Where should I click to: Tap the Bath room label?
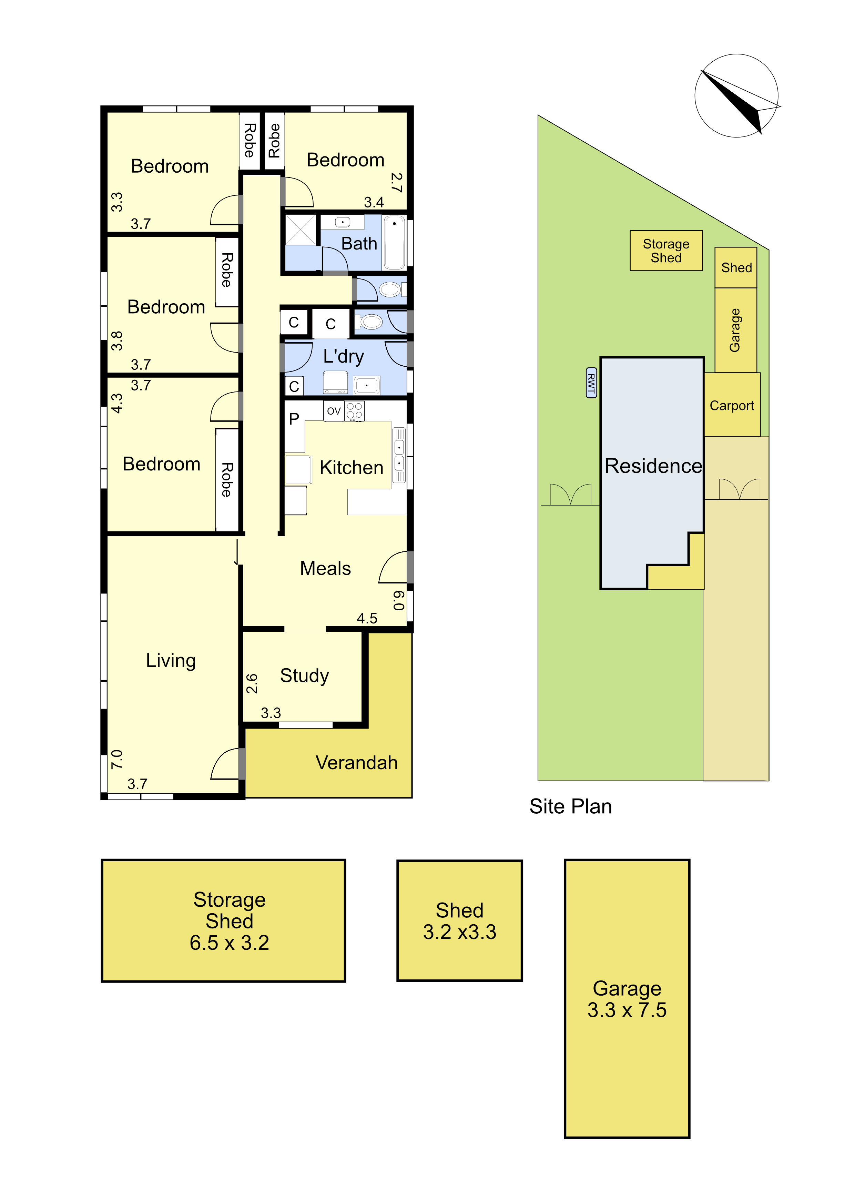point(359,243)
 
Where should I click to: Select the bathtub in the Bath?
point(394,242)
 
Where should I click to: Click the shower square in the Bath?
point(301,230)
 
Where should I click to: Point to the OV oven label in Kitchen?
point(334,411)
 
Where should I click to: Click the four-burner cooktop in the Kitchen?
point(354,411)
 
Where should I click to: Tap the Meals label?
point(325,568)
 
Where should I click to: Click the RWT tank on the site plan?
point(591,383)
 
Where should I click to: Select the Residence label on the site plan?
point(653,466)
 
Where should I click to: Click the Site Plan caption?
point(571,807)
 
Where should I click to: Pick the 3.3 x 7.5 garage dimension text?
point(627,1010)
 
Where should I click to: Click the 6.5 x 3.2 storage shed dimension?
point(230,943)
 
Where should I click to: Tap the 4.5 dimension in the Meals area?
point(367,618)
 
